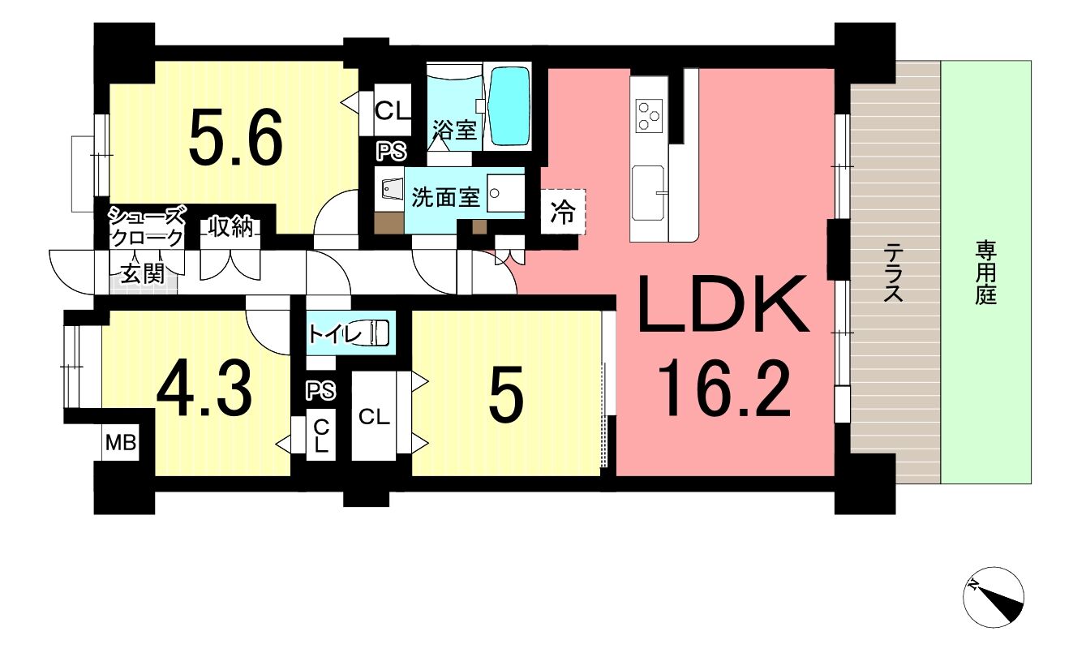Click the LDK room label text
click(723, 303)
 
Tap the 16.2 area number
click(724, 389)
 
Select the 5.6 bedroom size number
click(236, 137)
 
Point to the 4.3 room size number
click(204, 389)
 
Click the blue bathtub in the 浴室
click(509, 106)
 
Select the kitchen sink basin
click(648, 192)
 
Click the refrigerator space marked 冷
click(563, 213)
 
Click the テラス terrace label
click(894, 273)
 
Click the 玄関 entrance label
click(143, 275)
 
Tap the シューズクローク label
click(147, 226)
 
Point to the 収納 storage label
click(231, 227)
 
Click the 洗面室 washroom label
click(445, 197)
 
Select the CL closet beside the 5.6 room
click(393, 110)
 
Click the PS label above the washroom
click(392, 151)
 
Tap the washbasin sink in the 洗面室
click(505, 193)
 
